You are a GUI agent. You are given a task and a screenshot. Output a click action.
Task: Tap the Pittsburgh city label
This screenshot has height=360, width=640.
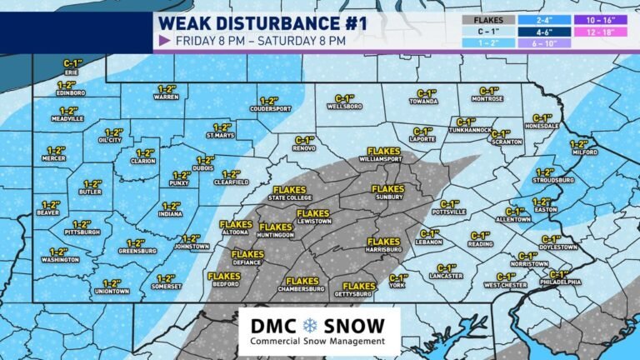tap(81, 232)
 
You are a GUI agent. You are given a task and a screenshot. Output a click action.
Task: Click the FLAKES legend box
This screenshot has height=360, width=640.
tap(487, 18)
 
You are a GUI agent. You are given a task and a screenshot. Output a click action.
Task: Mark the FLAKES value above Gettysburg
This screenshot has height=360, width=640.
tap(359, 287)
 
